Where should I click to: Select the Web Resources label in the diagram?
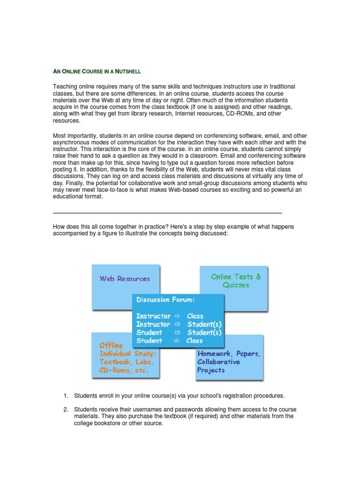tap(125, 278)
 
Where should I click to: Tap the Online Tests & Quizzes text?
tap(236, 281)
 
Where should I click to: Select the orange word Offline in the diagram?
tap(111, 345)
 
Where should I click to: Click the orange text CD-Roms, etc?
tap(124, 370)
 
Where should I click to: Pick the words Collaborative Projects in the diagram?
tap(218, 366)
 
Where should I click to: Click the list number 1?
tap(66, 396)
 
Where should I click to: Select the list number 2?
tap(66, 409)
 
